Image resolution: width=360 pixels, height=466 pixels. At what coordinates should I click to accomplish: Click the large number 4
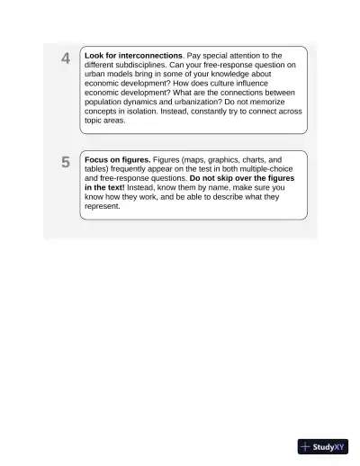click(x=66, y=59)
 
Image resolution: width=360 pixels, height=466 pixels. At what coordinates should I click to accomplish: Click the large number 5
click(x=66, y=163)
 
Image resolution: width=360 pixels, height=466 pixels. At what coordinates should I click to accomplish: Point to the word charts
click(x=247, y=159)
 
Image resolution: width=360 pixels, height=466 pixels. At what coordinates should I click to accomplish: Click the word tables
click(x=98, y=168)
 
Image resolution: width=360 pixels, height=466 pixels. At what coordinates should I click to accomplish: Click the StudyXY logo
click(x=322, y=446)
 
